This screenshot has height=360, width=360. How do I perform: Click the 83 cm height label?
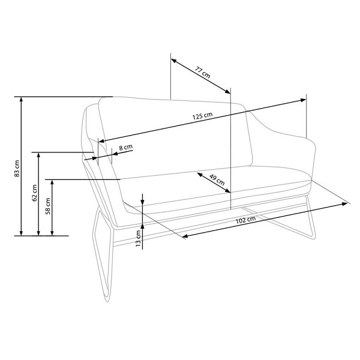coord(17,168)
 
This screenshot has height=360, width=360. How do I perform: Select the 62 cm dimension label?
coord(34,193)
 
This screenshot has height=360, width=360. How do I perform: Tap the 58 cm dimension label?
coord(48,206)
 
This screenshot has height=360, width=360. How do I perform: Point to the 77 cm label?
coord(203,72)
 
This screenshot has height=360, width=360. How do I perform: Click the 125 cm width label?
coord(202,116)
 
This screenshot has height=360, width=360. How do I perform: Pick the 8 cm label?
coord(126,147)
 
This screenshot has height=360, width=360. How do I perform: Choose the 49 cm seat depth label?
coord(217,179)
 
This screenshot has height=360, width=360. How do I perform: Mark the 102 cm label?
coord(245,220)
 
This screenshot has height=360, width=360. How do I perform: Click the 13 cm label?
coord(138,238)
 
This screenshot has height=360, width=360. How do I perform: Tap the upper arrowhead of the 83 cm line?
coord(22,100)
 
